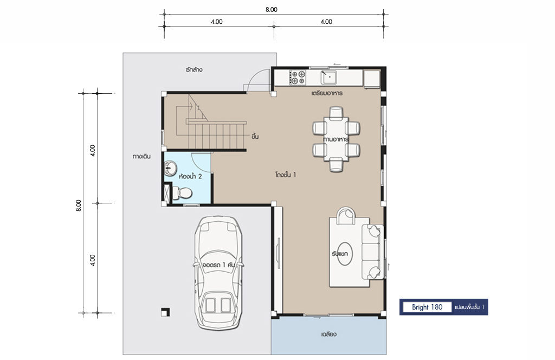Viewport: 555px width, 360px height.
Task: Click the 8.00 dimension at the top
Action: (272, 10)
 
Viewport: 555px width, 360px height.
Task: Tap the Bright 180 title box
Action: (427, 307)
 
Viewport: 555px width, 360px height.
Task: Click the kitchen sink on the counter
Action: (329, 78)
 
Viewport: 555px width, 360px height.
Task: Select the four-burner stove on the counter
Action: (298, 78)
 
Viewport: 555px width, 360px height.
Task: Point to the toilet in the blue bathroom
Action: (183, 193)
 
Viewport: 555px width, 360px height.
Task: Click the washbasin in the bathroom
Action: (171, 168)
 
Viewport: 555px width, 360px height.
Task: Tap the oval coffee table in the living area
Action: (344, 254)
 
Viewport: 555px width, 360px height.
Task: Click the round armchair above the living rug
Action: (345, 216)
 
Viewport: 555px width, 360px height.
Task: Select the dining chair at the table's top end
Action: (336, 113)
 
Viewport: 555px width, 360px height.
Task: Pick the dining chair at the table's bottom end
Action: (336, 165)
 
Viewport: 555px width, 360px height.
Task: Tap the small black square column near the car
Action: (165, 312)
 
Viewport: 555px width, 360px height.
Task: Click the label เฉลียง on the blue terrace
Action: (329, 334)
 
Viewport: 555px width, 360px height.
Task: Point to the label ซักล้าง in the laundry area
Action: (194, 70)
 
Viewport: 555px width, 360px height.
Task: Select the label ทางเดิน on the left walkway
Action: (141, 156)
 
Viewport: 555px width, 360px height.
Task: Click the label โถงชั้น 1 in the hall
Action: (285, 175)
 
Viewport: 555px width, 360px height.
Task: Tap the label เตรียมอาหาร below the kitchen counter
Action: (327, 93)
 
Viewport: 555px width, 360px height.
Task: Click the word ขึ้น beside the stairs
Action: (255, 136)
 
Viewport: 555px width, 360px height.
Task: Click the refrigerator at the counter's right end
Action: (372, 79)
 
